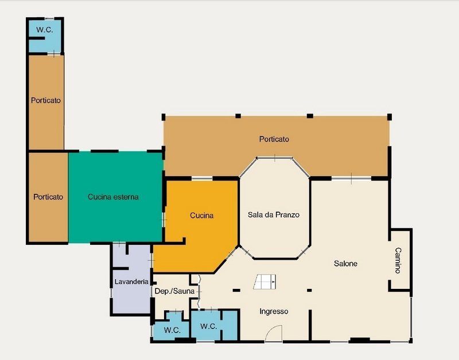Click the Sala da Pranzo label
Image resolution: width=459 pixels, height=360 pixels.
pos(274,215)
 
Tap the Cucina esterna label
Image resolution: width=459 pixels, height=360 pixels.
pos(113,197)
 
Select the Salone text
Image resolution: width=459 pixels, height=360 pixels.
pos(345,264)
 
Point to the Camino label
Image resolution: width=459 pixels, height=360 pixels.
pos(398,260)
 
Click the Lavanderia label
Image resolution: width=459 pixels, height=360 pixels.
pos(131,281)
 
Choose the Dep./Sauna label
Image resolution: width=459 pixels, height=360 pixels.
pos(174,291)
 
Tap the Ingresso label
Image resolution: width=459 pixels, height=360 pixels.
pos(274,312)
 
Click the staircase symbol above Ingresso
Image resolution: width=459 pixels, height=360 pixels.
pos(265,282)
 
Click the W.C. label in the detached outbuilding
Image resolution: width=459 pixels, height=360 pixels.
pos(45,30)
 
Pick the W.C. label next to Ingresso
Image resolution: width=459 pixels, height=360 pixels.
pos(208,326)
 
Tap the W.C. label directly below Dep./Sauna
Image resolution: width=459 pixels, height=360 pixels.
pos(172,330)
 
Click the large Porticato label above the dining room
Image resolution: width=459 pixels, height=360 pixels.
pos(274,139)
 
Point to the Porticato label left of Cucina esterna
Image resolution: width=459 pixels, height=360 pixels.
pos(48,197)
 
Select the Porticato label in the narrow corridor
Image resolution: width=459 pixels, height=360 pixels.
pos(46,100)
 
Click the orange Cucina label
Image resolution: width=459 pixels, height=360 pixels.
pos(202,216)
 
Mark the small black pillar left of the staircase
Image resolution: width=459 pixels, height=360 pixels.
pos(236,291)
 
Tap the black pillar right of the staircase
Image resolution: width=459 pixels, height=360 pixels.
pos(309,291)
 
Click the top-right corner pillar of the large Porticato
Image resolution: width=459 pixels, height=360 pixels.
pos(390,117)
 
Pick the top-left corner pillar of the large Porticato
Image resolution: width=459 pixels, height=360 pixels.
pos(164,117)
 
